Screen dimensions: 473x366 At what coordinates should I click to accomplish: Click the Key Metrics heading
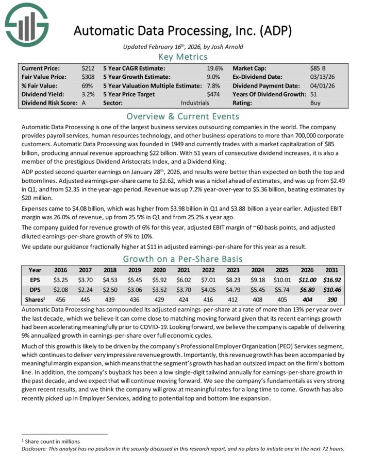pos(182,57)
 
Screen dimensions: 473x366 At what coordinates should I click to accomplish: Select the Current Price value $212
pos(88,68)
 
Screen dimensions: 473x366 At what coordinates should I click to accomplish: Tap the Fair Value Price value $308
pos(88,77)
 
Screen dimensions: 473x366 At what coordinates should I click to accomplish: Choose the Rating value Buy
pos(315,103)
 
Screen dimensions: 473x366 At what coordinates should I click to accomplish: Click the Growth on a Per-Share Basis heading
pos(182,258)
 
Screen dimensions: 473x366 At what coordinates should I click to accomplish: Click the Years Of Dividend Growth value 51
pos(314,94)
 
